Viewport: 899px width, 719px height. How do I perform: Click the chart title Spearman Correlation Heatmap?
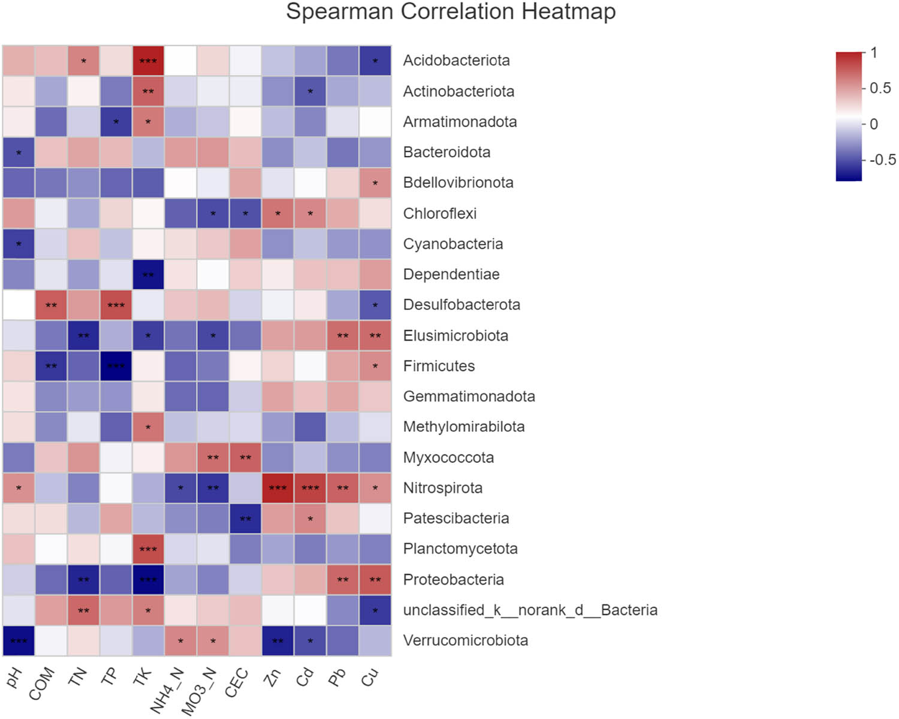[451, 12]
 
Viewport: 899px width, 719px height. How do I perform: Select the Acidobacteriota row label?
[456, 61]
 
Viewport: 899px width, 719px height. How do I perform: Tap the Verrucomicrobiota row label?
[465, 640]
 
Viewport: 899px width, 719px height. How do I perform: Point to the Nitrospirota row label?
[442, 488]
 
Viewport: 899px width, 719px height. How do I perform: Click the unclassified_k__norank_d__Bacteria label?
[530, 610]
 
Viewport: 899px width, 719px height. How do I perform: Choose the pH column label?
[14, 678]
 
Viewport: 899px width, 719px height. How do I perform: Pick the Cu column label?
[370, 678]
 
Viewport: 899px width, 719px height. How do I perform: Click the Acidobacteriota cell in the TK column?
[148, 61]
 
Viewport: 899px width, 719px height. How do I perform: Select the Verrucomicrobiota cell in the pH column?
[19, 640]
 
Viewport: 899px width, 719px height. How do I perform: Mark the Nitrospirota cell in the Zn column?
[277, 488]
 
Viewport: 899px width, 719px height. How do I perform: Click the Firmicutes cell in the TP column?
[116, 366]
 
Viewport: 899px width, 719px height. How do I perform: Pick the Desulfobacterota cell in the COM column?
[51, 305]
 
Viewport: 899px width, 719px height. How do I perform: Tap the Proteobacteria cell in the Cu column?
[375, 579]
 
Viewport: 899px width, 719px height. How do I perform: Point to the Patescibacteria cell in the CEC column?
[245, 518]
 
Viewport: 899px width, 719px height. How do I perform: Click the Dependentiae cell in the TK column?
[148, 274]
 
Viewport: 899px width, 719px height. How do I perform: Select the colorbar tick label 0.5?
[880, 88]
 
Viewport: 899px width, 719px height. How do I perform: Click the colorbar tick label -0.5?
[882, 160]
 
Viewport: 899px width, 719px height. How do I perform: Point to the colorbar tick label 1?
[874, 53]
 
